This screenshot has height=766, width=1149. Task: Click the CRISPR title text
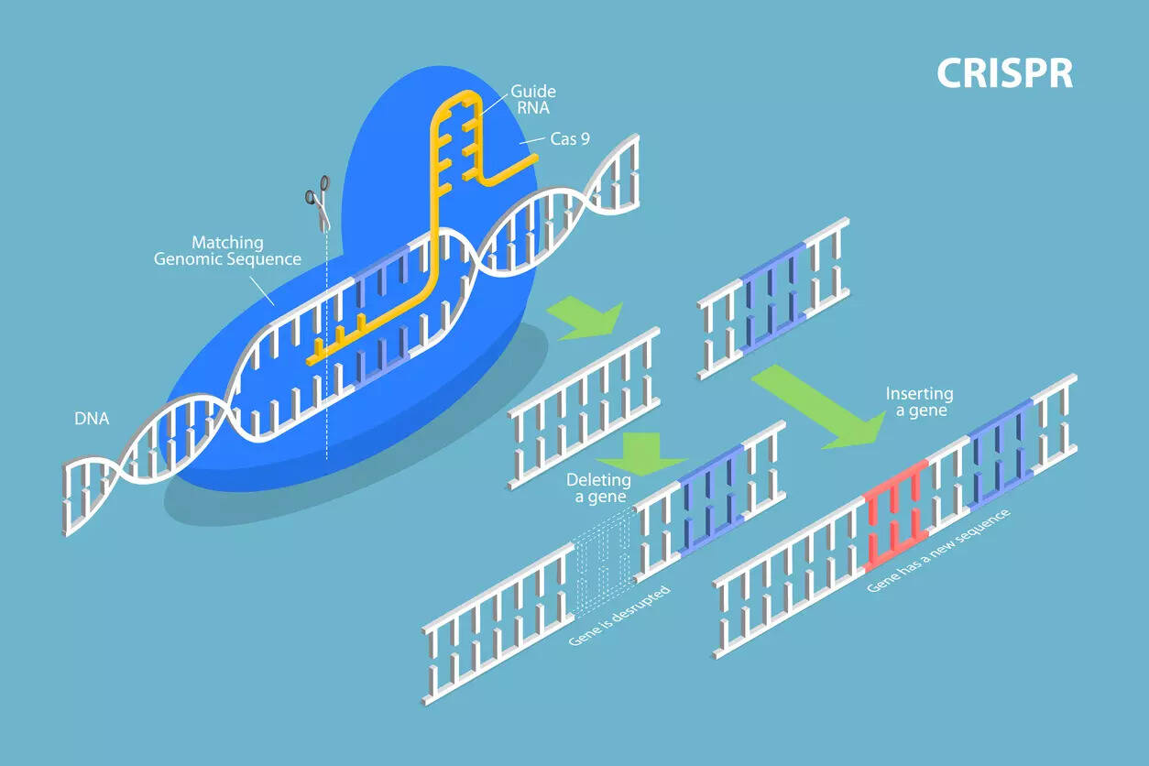[x=1004, y=73]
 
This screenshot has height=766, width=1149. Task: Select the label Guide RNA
[x=532, y=99]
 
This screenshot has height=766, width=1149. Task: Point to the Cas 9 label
[x=570, y=140]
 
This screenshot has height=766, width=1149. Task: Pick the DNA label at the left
[x=92, y=419]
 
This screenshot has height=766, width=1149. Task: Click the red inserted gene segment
[x=896, y=515]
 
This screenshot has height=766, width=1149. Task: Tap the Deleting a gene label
[x=598, y=488]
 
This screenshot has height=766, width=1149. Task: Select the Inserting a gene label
[x=919, y=402]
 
